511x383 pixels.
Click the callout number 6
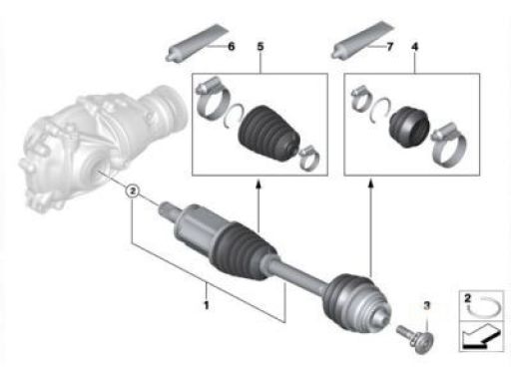[x=231, y=46]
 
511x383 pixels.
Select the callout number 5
[x=260, y=47]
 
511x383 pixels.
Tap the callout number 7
[x=389, y=47]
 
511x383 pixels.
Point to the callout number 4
[x=414, y=47]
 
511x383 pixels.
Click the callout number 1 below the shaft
[x=207, y=305]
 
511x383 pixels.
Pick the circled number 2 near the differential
[x=133, y=191]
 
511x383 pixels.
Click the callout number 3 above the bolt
[x=427, y=305]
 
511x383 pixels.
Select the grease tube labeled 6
[x=197, y=43]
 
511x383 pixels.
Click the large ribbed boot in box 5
[x=268, y=134]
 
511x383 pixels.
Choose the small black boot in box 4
[x=409, y=127]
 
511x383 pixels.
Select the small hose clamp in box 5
[x=309, y=157]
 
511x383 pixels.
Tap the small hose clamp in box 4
[x=361, y=98]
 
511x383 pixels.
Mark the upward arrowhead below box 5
[x=258, y=184]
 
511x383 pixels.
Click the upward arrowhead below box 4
[x=371, y=184]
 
